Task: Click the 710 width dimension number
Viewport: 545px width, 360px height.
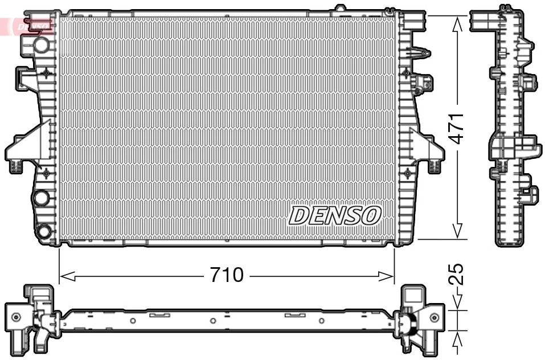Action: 227,276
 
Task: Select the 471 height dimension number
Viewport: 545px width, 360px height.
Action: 460,128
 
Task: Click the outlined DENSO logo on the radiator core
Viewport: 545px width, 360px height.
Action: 335,215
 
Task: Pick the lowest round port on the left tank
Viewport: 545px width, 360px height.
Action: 43,232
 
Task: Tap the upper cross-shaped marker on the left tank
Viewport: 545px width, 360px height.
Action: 46,73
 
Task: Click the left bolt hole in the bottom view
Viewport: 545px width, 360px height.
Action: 16,317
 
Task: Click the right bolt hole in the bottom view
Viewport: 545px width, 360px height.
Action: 435,317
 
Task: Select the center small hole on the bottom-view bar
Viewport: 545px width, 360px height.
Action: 212,321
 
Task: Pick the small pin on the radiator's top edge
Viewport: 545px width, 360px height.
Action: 340,8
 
